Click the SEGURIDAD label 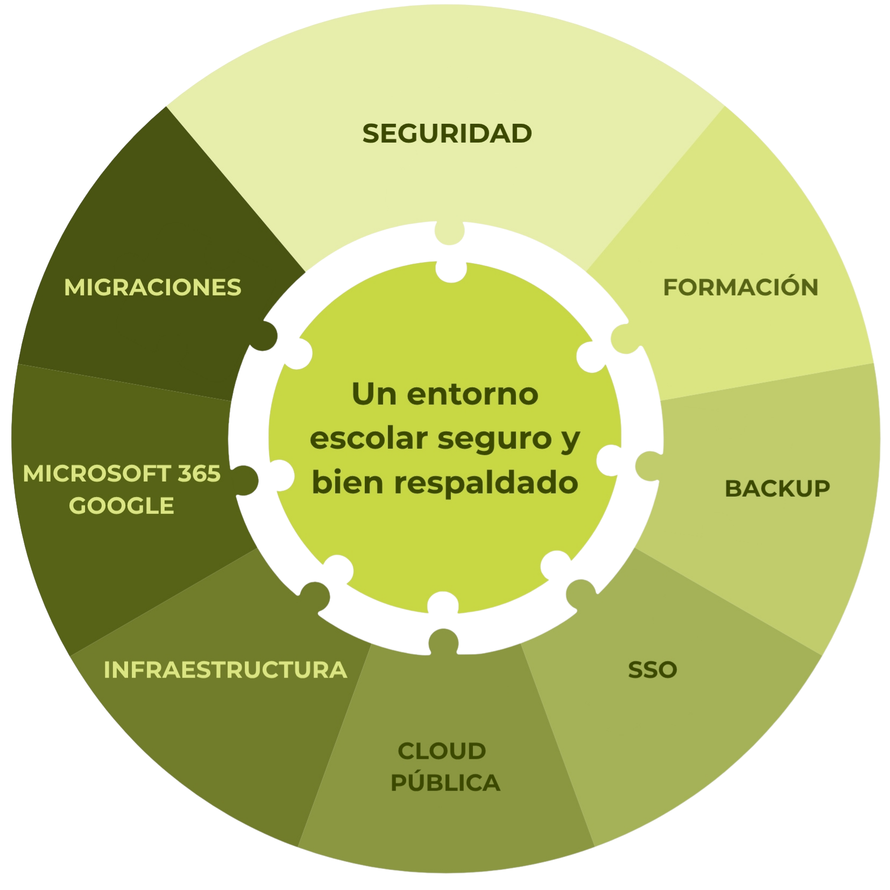pos(447,133)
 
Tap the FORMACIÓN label pos(740,287)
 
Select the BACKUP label pos(777,488)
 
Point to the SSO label pos(652,669)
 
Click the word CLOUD pos(442,751)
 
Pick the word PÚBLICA pos(446,782)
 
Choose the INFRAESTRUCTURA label pos(225,669)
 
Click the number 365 pos(199,474)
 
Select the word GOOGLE pos(122,506)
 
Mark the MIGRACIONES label pos(153,287)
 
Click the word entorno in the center pos(472,394)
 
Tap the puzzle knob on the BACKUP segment pos(647,465)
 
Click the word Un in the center pos(374,394)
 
